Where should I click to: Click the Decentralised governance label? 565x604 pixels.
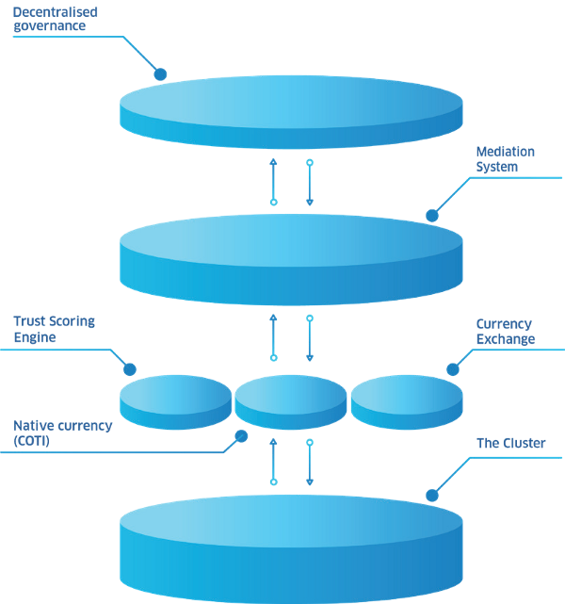tap(55, 19)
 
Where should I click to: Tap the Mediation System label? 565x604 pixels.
tap(505, 159)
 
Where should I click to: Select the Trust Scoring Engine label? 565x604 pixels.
tap(54, 329)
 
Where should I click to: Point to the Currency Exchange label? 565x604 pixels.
tap(505, 332)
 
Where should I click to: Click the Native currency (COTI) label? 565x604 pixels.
tap(62, 433)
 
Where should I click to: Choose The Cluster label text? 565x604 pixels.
tap(510, 443)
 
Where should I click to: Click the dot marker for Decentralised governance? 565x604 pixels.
tap(160, 73)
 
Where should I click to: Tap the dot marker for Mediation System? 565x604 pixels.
tap(432, 215)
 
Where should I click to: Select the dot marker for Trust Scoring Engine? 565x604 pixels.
tap(130, 369)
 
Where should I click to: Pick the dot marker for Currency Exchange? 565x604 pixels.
tap(451, 369)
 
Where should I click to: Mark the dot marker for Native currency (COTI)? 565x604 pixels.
tap(241, 436)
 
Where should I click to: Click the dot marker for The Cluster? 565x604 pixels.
tap(432, 494)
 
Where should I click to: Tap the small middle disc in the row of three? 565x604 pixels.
tap(291, 400)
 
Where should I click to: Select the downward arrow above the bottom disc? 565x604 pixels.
tap(310, 462)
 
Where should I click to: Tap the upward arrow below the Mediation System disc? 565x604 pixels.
tap(274, 336)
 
